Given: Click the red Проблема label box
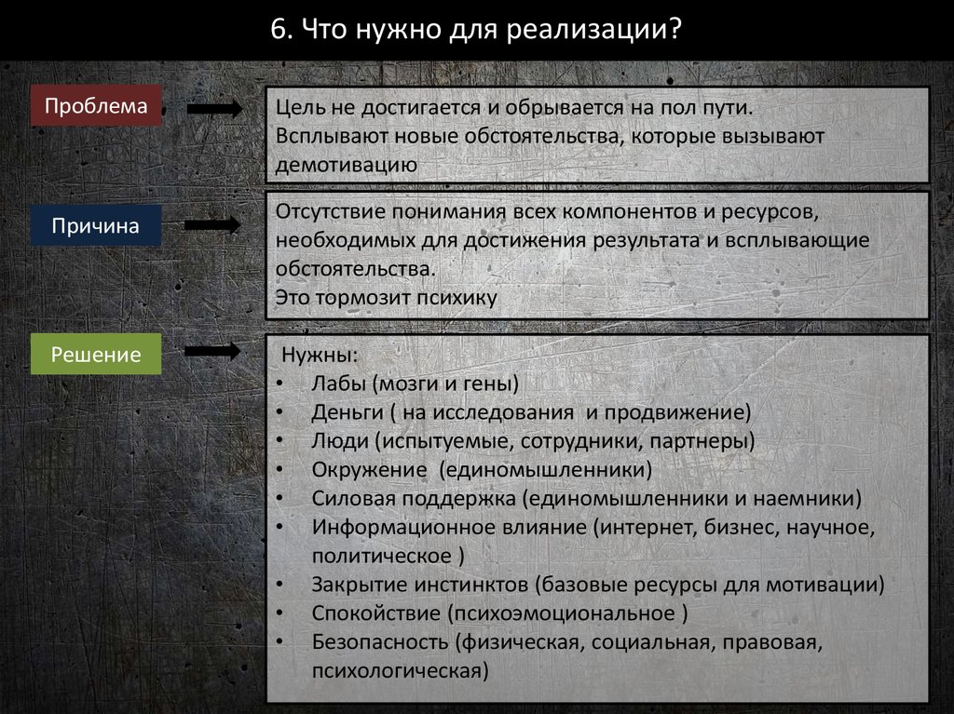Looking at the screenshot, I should coord(96,106).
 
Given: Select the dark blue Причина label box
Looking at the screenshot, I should coord(96,226).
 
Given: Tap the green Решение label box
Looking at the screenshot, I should coord(96,355).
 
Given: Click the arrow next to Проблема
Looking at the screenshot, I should coord(213,109).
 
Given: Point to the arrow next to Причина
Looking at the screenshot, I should coord(213,225).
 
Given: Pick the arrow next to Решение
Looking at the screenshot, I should coord(213,351).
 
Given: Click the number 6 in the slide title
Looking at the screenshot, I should coord(277,28).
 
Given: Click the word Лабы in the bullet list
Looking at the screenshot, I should coord(339,383).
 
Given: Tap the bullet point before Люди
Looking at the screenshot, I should coord(281,440).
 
